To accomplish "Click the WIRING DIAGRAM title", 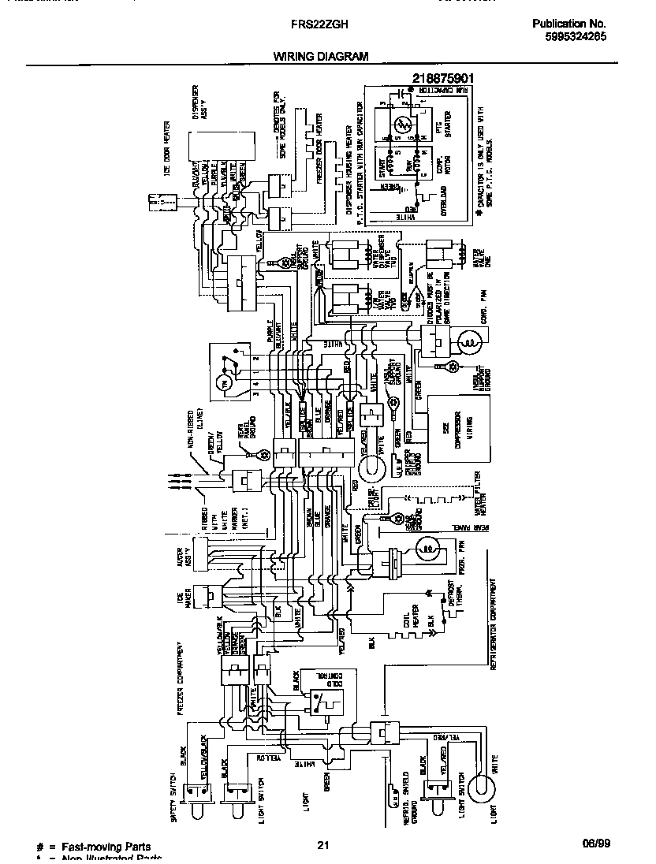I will tap(321, 57).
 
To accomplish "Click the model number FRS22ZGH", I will tap(315, 24).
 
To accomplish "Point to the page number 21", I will tap(322, 846).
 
